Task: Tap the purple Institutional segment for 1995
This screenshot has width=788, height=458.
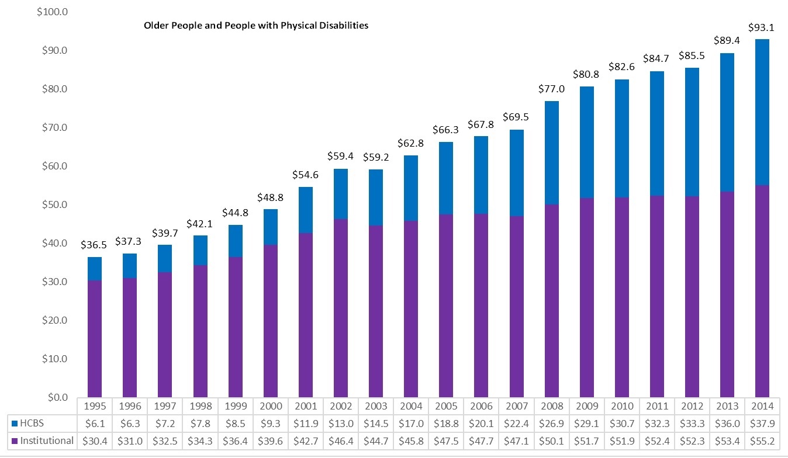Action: (95, 339)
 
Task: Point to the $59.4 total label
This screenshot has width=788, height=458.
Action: (340, 157)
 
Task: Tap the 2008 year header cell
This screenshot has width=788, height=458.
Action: (551, 405)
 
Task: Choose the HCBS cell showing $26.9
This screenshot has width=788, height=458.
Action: (551, 423)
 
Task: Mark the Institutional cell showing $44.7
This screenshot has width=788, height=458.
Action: (375, 440)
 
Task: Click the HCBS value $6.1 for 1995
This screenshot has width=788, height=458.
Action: (95, 423)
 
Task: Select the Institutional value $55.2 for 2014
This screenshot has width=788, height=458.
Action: (762, 440)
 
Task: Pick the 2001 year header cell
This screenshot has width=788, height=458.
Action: (305, 405)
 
